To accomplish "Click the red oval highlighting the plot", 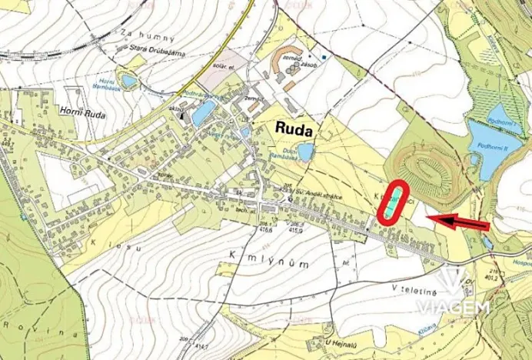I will (x=394, y=202).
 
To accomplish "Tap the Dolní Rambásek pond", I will (x=306, y=152).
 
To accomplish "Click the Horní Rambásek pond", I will (x=129, y=80).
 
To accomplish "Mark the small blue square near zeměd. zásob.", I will (x=324, y=57).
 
